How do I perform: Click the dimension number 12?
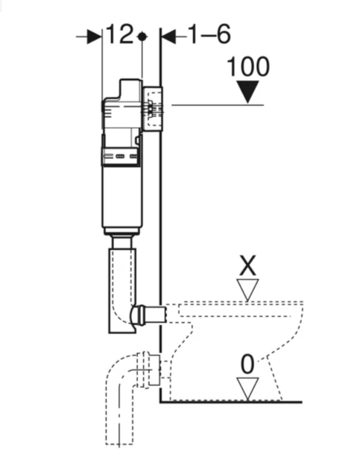119,34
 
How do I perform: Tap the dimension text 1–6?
209,34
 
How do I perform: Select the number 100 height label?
248,66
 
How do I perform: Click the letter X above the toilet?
247,266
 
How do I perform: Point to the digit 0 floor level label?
247,365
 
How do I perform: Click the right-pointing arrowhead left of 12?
95,37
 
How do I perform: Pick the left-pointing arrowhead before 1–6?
168,37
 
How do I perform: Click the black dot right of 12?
142,37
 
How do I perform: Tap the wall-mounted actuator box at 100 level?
153,109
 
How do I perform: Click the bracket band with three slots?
121,156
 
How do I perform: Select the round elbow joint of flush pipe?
136,315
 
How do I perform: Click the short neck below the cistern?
121,242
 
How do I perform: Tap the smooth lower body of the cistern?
121,197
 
